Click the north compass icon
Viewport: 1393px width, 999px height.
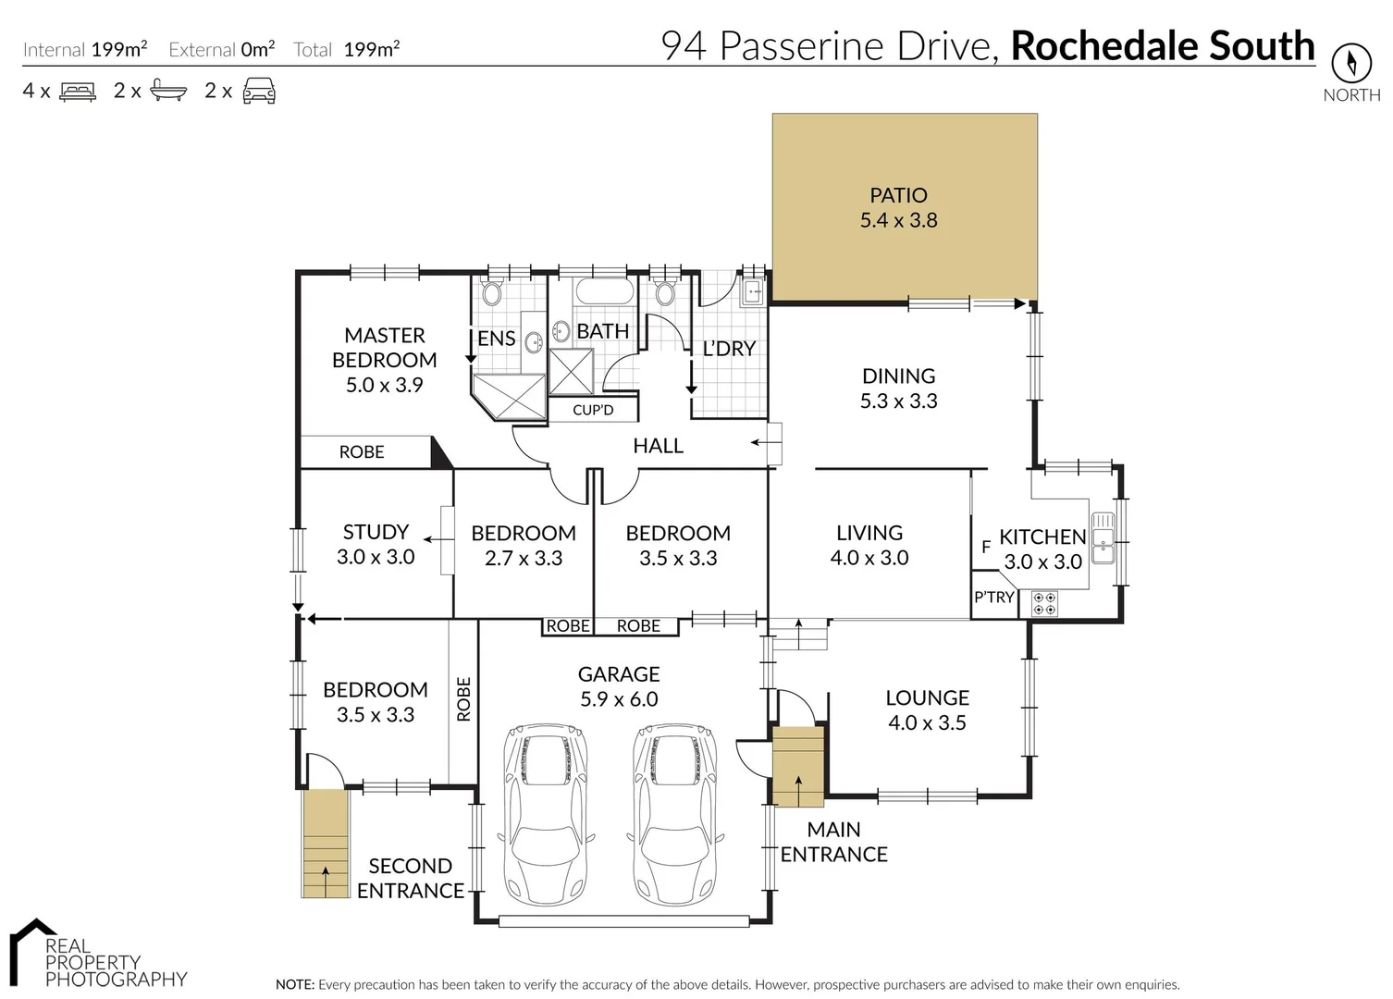1350,64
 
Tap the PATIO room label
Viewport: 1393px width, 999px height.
898,195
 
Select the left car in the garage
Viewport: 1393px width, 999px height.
545,814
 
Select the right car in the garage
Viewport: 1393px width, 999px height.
674,814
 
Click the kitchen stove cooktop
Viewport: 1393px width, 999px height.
1044,604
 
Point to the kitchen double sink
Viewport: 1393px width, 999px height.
1103,538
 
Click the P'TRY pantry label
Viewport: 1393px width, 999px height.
993,598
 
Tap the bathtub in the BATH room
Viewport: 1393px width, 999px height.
605,292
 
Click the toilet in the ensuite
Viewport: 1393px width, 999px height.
491,293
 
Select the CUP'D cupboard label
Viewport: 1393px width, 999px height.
593,410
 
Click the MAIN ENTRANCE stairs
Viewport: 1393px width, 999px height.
797,768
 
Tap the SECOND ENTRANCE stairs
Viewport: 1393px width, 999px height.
326,844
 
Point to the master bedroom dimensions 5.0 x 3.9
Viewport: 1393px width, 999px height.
384,385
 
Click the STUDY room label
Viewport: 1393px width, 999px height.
376,532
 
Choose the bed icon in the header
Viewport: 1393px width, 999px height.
78,91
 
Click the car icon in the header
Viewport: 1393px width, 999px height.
259,91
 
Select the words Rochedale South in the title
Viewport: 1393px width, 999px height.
1162,45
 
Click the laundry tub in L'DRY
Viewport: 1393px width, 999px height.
752,291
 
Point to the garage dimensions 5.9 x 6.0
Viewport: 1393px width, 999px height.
619,699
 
